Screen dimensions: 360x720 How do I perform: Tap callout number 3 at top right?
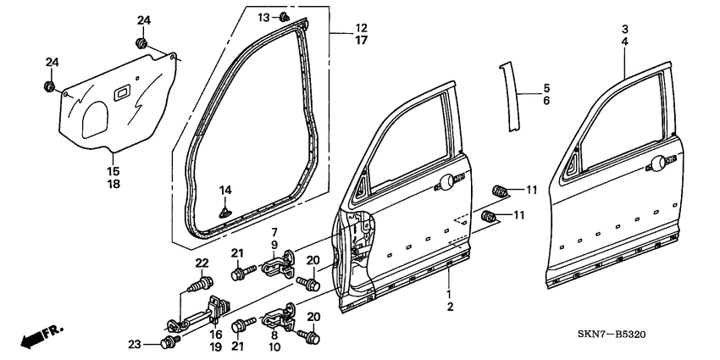coord(624,29)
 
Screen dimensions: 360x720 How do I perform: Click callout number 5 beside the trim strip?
coord(546,87)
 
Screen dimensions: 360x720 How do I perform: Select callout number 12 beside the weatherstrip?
coord(338,28)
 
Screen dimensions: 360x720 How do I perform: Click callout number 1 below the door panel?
coord(450,293)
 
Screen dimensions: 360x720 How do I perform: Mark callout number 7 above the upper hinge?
coord(274,232)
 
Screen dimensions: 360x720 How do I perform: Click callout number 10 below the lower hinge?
coord(274,347)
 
